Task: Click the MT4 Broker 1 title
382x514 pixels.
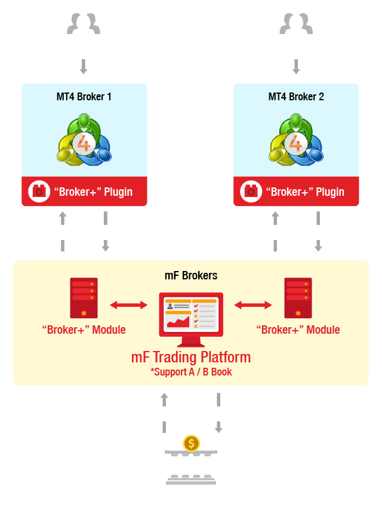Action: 84,97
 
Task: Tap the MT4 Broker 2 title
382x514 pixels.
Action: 296,97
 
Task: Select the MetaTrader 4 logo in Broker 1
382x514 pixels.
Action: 84,140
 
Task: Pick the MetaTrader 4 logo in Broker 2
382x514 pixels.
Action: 296,140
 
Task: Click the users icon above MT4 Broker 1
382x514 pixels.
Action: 84,24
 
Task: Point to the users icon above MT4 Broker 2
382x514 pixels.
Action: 296,24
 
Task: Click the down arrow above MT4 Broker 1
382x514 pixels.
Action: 84,66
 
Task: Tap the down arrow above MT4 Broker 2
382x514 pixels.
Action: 296,66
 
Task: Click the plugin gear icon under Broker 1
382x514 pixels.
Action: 39,192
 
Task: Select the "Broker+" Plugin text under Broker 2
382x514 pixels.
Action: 305,192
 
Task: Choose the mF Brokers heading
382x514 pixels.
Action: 191,275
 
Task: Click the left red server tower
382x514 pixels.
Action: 84,298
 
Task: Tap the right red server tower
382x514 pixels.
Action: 298,298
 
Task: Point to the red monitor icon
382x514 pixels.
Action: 191,319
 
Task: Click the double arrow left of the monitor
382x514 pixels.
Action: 129,305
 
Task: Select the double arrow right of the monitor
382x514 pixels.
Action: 253,305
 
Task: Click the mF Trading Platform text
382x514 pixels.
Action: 191,357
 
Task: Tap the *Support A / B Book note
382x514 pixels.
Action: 191,372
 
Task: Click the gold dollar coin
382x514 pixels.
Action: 192,444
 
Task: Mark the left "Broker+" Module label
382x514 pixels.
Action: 84,330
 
